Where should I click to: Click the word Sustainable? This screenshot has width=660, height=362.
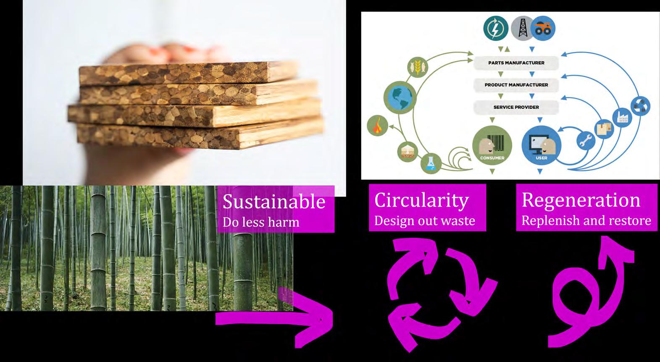274,202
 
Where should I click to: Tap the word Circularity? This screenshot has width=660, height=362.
421,200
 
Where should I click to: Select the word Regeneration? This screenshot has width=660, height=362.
581,200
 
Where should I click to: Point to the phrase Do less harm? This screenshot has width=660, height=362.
261,222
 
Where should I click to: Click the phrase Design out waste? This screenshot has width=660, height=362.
424,220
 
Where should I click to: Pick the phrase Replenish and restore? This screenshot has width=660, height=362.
586,220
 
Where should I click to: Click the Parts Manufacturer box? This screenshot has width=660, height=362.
516,63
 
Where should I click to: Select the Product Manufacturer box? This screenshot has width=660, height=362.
516,85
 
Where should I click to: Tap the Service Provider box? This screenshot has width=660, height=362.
516,107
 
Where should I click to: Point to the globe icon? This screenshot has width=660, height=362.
400,98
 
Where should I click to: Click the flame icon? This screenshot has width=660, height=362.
377,126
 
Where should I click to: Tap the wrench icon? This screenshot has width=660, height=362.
586,141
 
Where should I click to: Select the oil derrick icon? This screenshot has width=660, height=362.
522,29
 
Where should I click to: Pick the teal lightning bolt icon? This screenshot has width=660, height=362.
496,29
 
